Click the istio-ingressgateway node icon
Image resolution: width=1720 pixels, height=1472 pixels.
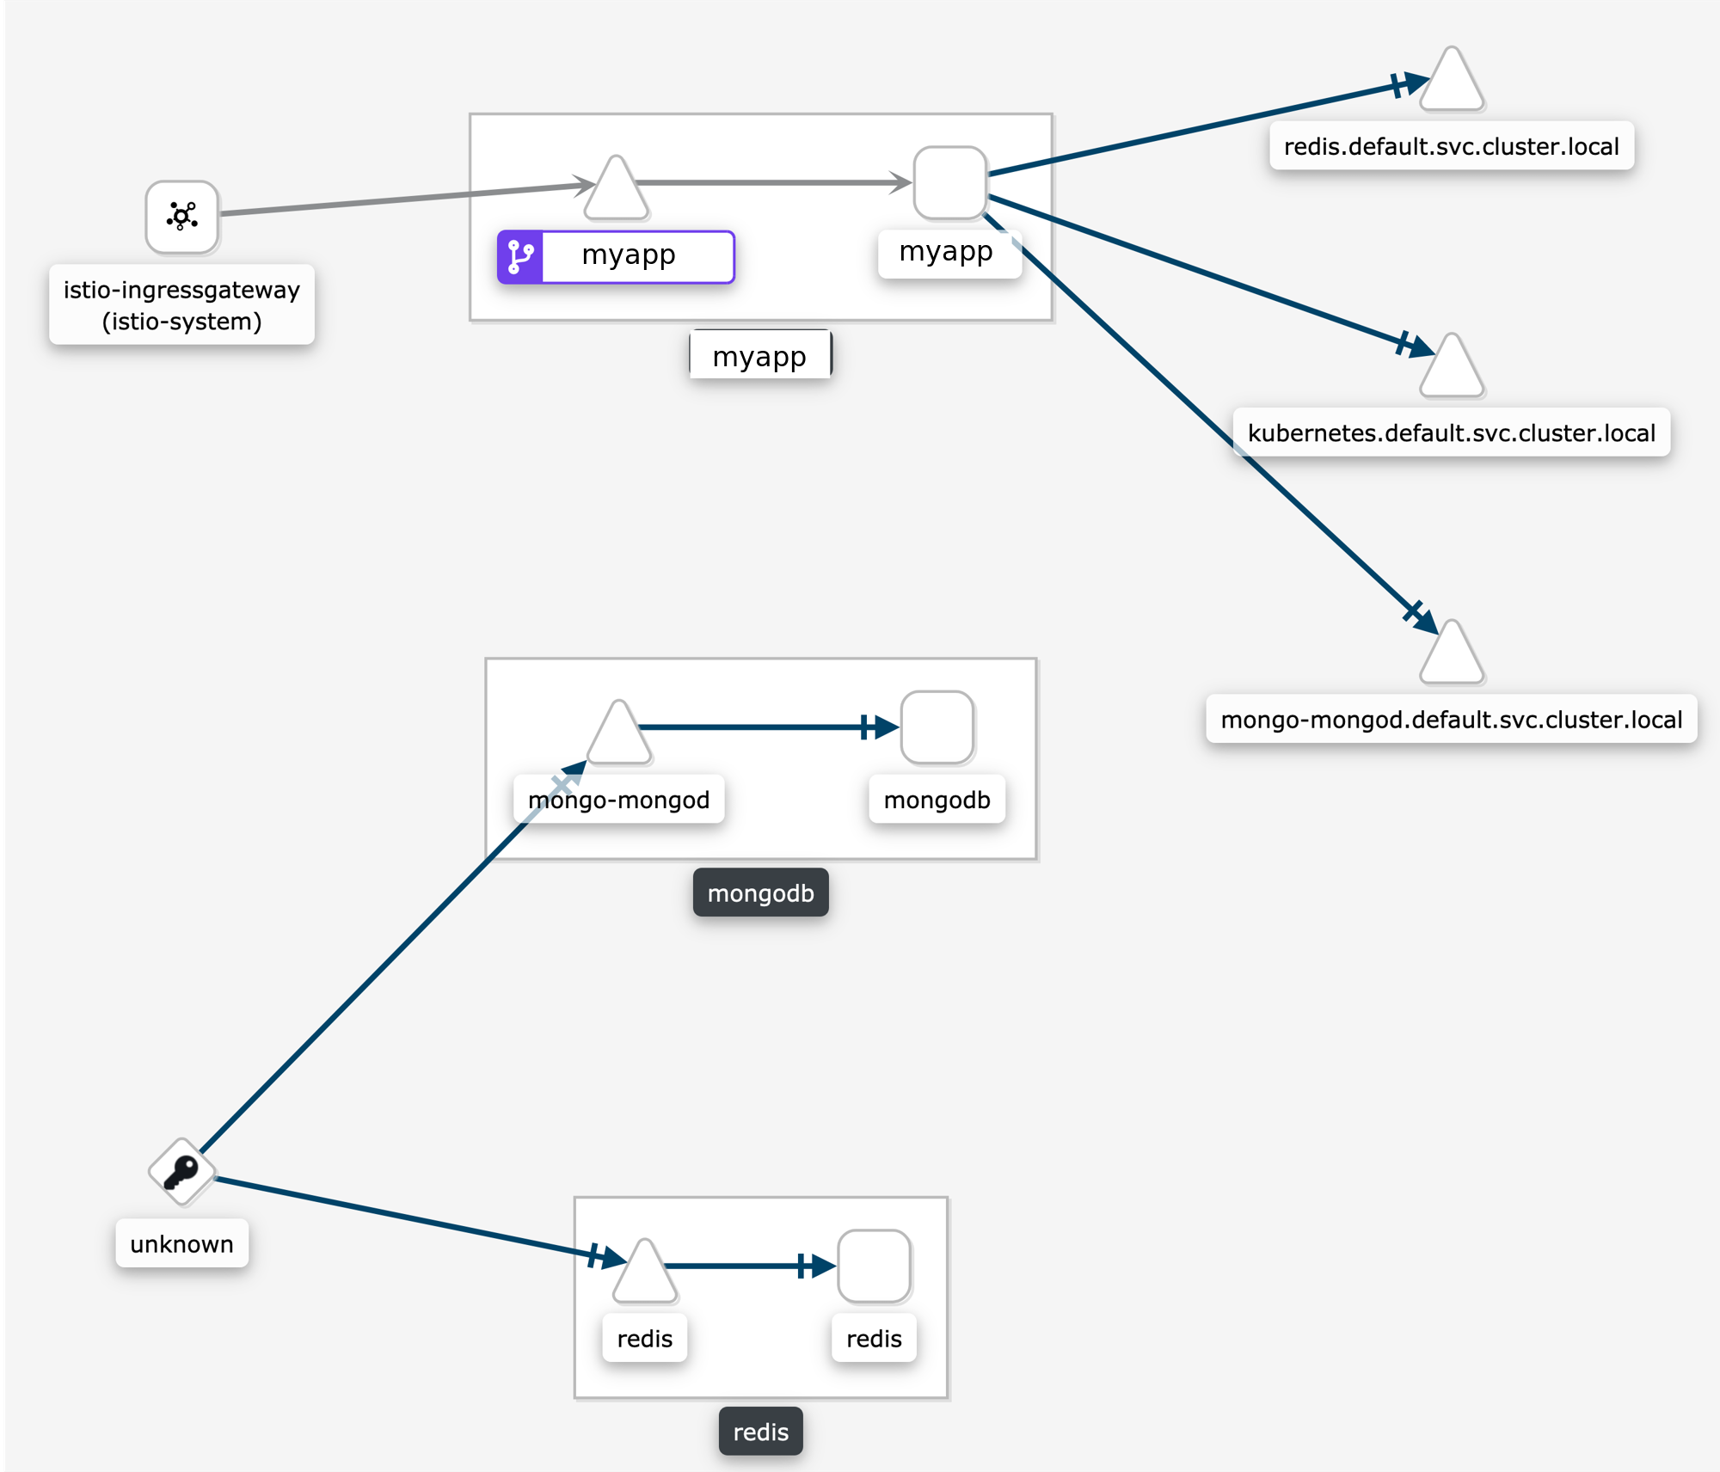click(181, 217)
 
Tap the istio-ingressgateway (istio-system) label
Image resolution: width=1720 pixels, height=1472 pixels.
click(181, 305)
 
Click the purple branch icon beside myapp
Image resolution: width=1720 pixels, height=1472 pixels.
click(520, 256)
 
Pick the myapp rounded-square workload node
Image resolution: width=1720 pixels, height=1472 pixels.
click(949, 182)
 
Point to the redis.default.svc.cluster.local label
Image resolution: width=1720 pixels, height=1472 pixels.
click(1451, 146)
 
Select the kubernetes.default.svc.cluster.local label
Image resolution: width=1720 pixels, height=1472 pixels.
click(1451, 432)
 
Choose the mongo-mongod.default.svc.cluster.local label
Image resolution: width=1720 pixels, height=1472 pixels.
click(1451, 720)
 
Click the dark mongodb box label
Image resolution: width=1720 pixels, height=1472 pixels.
click(760, 892)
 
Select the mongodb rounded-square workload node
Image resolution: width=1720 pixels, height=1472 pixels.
click(937, 727)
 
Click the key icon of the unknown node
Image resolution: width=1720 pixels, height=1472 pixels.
click(181, 1171)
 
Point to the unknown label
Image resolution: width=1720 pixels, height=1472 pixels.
click(181, 1243)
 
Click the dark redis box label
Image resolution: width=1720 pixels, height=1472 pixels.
click(760, 1432)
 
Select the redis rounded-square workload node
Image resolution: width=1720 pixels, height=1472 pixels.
click(874, 1266)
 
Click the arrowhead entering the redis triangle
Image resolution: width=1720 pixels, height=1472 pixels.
click(612, 1259)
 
